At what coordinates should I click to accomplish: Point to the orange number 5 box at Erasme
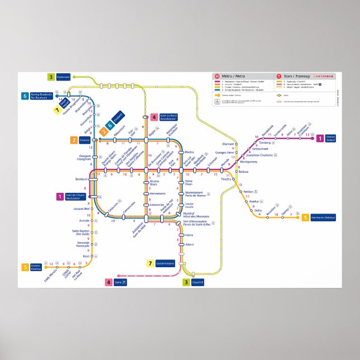(25, 267)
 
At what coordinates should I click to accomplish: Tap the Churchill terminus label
(197, 282)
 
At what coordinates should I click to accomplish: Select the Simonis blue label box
(84, 140)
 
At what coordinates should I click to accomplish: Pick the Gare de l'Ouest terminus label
(76, 196)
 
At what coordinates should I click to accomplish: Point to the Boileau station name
(247, 172)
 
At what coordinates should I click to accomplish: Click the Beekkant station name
(81, 179)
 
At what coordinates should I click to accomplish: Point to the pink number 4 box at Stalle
(108, 282)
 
